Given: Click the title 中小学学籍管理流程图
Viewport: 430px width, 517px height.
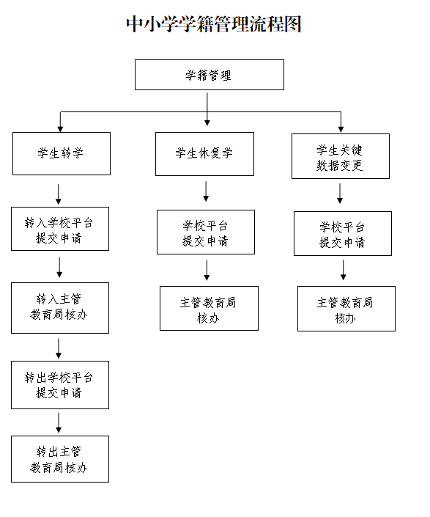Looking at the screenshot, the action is [x=214, y=24].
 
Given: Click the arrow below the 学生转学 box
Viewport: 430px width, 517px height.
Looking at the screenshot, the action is [x=59, y=194].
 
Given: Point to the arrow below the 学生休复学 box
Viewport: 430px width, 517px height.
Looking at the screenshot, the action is [x=206, y=191].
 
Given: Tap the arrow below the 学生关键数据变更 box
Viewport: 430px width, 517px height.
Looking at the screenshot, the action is [x=340, y=193].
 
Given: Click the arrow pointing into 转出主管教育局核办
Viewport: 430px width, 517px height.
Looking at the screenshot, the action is [x=59, y=422].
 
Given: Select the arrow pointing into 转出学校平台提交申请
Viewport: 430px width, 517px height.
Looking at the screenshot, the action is [x=59, y=348].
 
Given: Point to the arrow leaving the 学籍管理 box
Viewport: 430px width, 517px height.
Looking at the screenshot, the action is [x=207, y=109].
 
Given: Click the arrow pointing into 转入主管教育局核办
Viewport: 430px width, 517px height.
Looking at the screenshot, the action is [x=59, y=268].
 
